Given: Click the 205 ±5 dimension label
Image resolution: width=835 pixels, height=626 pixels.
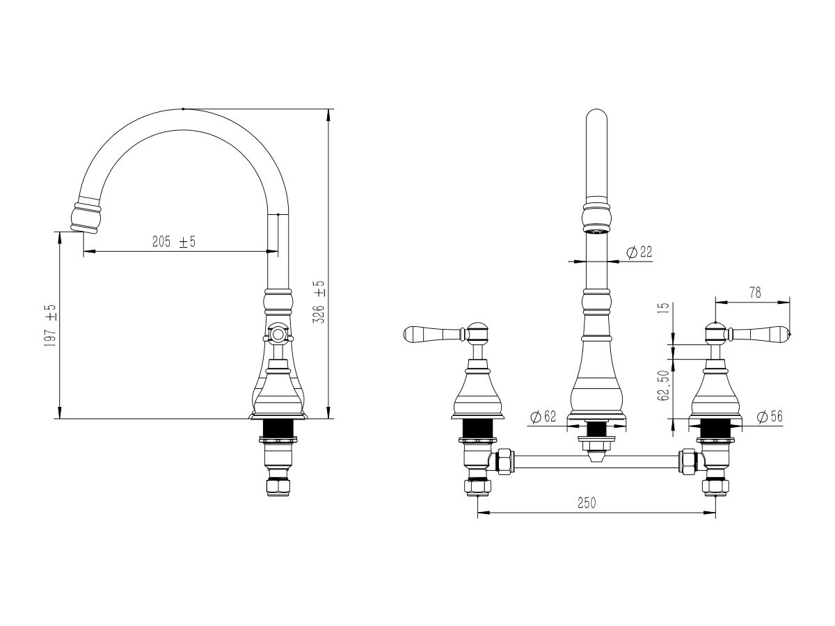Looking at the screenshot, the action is (174, 241).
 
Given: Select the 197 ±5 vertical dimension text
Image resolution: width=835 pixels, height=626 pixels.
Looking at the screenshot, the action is (51, 326).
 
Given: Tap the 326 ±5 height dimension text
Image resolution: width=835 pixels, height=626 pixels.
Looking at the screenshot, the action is (319, 302).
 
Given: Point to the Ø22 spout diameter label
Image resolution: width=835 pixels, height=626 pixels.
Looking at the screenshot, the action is (639, 252).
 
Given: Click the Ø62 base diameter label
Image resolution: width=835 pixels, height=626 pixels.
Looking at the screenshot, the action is (543, 417).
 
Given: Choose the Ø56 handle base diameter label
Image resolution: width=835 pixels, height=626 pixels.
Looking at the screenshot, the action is (770, 417).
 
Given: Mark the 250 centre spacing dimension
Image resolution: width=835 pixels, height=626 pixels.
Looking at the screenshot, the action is (587, 503).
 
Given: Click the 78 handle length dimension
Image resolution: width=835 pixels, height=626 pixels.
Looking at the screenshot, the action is (755, 293).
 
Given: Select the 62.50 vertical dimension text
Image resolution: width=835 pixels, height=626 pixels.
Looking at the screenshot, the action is (662, 385).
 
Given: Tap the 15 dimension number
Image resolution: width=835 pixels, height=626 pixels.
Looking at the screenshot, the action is (662, 307).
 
